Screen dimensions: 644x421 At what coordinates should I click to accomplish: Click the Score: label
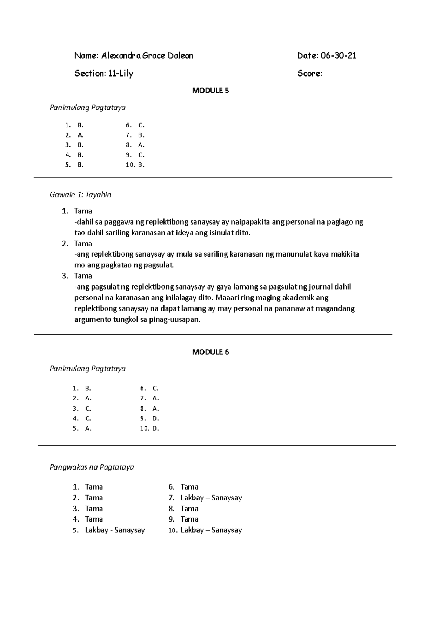pos(310,74)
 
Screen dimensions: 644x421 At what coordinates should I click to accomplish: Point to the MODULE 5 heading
pos(210,91)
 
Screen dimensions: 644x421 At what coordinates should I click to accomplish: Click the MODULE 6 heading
pos(210,352)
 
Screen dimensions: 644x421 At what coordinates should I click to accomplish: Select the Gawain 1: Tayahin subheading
pos(80,195)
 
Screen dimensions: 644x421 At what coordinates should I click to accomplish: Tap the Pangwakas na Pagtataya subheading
pos(92,467)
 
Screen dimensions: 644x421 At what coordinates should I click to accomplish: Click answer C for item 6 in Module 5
pos(141,125)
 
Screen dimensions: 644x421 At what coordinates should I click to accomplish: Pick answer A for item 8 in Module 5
pos(141,145)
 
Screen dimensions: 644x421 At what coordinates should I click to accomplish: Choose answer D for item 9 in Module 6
pos(156,418)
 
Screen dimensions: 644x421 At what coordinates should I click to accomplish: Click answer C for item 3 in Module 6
pos(88,409)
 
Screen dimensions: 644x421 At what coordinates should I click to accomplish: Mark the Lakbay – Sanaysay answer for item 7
pos(211,498)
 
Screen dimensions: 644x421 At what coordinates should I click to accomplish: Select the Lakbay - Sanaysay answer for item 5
pos(115,530)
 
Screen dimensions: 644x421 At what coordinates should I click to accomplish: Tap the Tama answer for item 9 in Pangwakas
pos(189,519)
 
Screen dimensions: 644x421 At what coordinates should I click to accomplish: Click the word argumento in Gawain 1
pos(92,320)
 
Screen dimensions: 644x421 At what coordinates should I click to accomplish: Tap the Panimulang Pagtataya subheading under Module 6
pos(88,369)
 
